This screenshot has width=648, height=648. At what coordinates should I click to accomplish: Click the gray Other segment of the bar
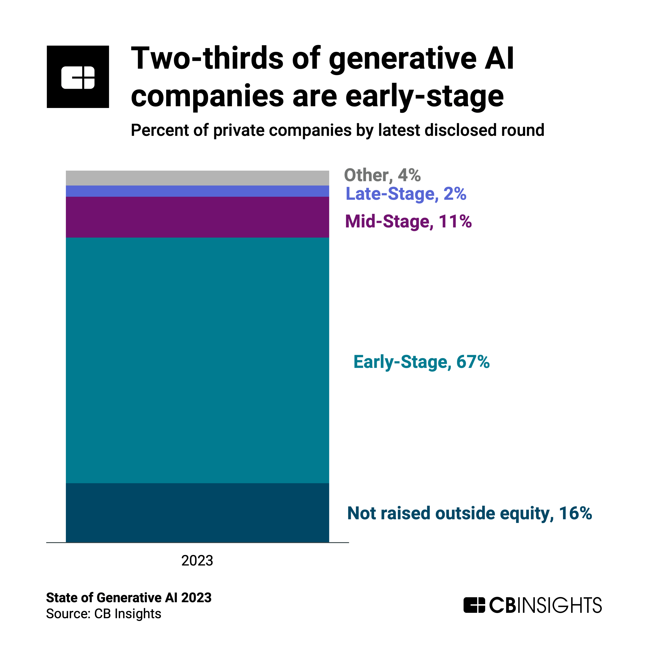tap(197, 178)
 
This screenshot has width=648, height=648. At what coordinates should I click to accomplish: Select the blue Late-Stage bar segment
tap(197, 191)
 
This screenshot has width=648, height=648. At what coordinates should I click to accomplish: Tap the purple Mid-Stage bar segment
tap(197, 217)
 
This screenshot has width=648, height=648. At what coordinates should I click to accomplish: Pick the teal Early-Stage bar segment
tap(197, 360)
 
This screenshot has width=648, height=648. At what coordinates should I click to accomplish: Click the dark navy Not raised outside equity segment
tap(197, 512)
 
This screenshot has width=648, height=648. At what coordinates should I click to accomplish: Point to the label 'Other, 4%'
tap(382, 175)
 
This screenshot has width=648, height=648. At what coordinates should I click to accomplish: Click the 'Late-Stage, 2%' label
tap(406, 194)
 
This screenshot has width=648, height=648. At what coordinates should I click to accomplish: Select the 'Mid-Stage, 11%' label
tap(408, 221)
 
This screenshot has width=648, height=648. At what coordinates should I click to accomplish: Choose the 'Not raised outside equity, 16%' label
tap(470, 513)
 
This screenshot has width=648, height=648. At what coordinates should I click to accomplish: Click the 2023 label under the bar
tap(197, 561)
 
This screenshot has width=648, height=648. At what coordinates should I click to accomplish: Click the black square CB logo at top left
tap(78, 77)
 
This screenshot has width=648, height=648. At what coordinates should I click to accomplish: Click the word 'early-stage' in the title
tap(424, 96)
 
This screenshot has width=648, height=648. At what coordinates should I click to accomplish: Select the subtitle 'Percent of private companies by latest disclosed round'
tap(337, 130)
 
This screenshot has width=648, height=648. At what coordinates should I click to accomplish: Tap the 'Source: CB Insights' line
tap(104, 613)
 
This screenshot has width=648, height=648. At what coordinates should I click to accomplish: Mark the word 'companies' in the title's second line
tap(207, 96)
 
